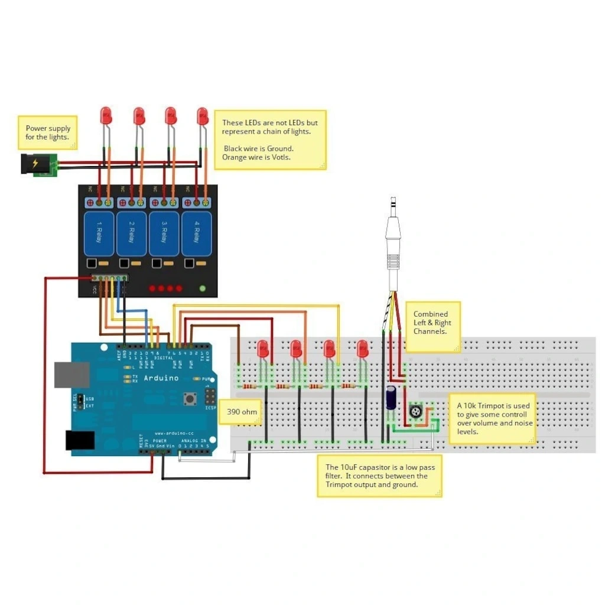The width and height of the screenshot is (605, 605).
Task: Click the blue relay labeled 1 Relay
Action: (x=99, y=234)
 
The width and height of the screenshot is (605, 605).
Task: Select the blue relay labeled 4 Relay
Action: (x=196, y=234)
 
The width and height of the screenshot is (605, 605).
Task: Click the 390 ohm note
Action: (x=240, y=412)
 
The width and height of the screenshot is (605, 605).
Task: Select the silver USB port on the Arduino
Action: (x=71, y=375)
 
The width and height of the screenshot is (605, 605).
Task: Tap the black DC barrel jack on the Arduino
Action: (x=79, y=440)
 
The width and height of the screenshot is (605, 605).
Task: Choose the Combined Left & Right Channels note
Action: (x=432, y=323)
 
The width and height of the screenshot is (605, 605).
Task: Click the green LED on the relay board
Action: (x=203, y=288)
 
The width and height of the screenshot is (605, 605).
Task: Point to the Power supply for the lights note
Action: (x=48, y=132)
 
